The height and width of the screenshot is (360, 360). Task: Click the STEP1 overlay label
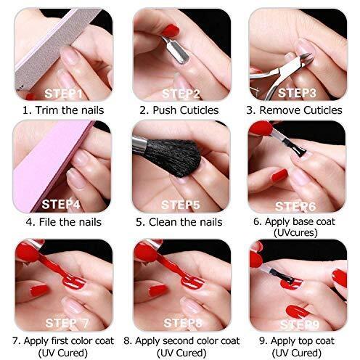(63, 94)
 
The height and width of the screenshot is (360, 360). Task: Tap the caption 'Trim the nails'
(70, 110)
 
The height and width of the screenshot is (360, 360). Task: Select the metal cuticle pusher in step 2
(176, 50)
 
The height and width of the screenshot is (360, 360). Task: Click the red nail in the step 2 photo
(171, 30)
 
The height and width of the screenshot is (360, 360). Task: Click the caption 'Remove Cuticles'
(300, 110)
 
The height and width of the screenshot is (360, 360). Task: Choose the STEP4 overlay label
(61, 205)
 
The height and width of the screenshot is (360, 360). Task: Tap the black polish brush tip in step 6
(298, 149)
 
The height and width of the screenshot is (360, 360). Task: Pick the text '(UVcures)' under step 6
(295, 233)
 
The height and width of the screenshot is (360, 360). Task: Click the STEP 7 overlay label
(67, 323)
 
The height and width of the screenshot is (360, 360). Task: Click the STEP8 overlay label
(183, 323)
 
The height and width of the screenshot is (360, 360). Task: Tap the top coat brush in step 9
(282, 275)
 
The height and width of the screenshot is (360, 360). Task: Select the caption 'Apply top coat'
(303, 341)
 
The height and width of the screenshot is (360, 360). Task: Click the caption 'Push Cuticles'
(186, 110)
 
